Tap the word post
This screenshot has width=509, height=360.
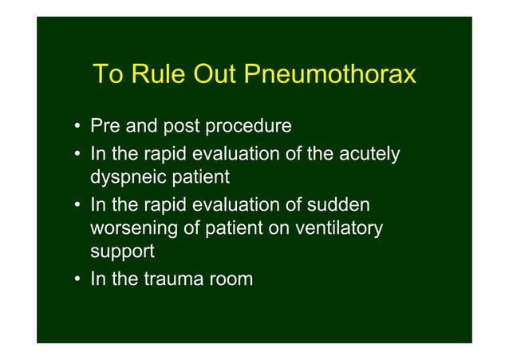[x=183, y=126]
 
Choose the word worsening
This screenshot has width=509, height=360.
[x=134, y=228]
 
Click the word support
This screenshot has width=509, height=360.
[x=122, y=253]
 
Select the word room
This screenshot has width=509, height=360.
[x=232, y=279]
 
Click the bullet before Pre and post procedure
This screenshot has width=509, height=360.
[x=73, y=127]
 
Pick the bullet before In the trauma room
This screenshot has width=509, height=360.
[x=73, y=279]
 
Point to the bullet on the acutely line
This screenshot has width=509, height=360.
[x=73, y=152]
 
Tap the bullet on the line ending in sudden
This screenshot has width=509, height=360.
[x=73, y=204]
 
